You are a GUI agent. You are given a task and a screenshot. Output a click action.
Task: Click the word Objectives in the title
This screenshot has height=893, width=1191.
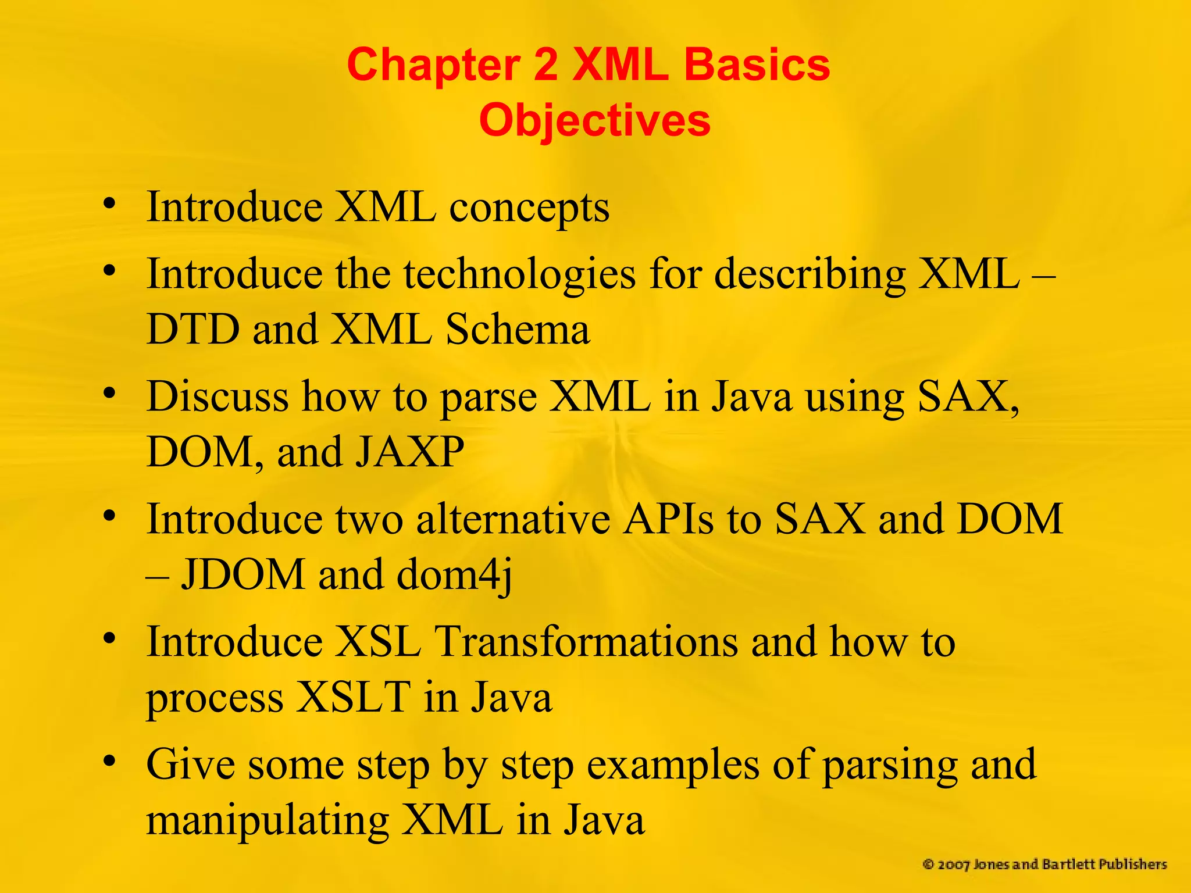point(594,120)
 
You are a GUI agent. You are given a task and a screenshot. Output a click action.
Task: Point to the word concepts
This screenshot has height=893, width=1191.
point(529,208)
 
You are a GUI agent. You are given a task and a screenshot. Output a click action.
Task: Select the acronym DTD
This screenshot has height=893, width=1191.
point(192,329)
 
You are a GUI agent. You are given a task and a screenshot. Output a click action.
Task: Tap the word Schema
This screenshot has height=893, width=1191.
point(518,329)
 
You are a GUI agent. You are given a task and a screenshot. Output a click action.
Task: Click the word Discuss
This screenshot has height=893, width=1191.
point(217,397)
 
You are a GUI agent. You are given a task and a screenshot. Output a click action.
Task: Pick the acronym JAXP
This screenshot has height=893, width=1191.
point(409,452)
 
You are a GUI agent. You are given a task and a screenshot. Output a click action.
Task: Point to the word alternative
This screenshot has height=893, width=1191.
point(514,519)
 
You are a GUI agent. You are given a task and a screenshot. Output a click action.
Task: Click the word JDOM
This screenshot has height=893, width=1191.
point(243,574)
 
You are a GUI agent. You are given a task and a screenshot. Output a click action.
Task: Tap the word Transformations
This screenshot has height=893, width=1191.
point(587,642)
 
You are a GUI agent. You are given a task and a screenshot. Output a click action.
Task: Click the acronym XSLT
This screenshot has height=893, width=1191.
point(354,697)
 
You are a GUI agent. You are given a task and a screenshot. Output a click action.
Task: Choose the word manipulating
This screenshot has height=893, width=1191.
point(268,821)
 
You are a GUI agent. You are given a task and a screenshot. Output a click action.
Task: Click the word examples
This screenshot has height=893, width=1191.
point(673,765)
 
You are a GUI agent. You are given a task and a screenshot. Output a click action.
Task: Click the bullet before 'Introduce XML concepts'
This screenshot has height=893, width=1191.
point(109,203)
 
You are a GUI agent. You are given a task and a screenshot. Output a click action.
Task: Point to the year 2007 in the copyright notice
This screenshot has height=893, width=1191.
point(954,865)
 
